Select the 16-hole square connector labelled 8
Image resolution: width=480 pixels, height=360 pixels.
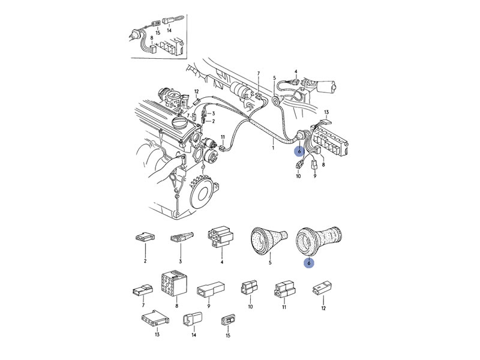coord(173,283)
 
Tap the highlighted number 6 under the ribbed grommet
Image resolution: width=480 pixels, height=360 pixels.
coord(309,263)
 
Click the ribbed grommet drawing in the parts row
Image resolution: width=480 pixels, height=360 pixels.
coord(319,241)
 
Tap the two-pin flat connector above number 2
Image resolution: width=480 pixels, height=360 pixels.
coord(145,238)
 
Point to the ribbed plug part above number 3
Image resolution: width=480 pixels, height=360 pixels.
coord(181,237)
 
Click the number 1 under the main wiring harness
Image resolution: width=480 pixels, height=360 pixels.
coord(273,148)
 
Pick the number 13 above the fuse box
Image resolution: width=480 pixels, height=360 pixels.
coord(326,112)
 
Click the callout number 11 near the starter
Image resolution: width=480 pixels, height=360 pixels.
coord(223,137)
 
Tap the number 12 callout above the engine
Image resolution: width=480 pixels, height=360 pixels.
coord(197,91)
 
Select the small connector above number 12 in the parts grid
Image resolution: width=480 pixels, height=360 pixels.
coord(322,288)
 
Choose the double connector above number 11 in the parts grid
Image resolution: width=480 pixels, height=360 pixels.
coord(285,289)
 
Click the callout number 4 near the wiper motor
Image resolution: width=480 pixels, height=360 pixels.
coord(296,71)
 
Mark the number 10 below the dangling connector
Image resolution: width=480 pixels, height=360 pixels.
coord(298,176)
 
